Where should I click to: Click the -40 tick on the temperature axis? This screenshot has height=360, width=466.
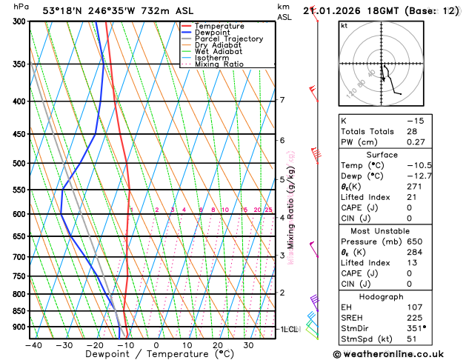click(x=33, y=345)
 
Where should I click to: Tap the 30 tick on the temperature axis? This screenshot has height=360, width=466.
click(x=249, y=345)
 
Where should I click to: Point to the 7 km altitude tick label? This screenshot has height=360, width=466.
click(x=282, y=100)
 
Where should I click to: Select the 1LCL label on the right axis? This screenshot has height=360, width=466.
click(x=287, y=328)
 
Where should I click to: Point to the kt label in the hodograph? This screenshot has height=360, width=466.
click(x=344, y=25)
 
